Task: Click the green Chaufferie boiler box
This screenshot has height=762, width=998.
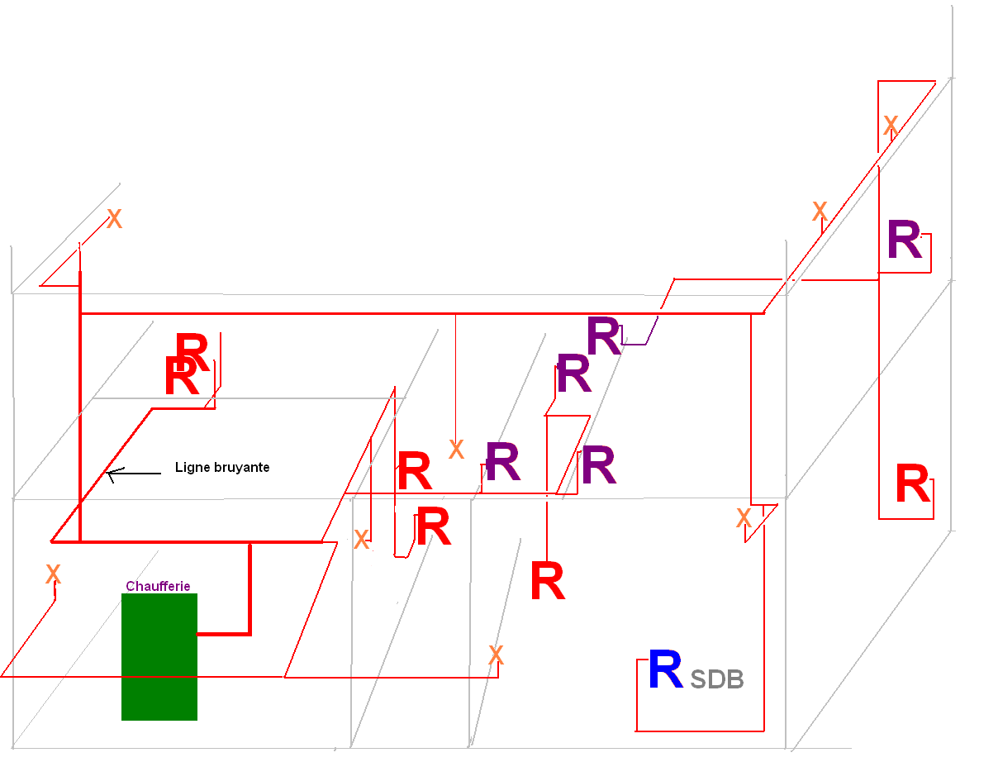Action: (x=159, y=656)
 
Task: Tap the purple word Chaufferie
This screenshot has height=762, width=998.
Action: (x=158, y=587)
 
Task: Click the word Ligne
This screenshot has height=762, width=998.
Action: (x=191, y=468)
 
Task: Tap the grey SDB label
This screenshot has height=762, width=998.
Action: (x=717, y=679)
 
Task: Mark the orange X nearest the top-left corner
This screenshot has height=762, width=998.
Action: (x=114, y=219)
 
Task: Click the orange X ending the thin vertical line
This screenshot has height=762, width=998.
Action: (x=455, y=450)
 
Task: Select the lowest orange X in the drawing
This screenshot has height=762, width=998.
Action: (x=496, y=656)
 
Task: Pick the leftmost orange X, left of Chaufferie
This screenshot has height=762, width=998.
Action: (x=53, y=574)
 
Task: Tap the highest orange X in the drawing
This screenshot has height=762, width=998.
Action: (x=891, y=126)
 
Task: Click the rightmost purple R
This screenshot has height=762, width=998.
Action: (x=904, y=241)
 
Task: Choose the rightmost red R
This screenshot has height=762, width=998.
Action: (x=912, y=485)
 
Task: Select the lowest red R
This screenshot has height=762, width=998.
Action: (x=547, y=582)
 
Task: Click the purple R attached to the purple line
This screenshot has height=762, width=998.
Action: (x=603, y=337)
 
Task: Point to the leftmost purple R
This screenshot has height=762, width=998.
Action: (x=502, y=463)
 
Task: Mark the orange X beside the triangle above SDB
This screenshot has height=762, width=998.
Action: (x=744, y=519)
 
